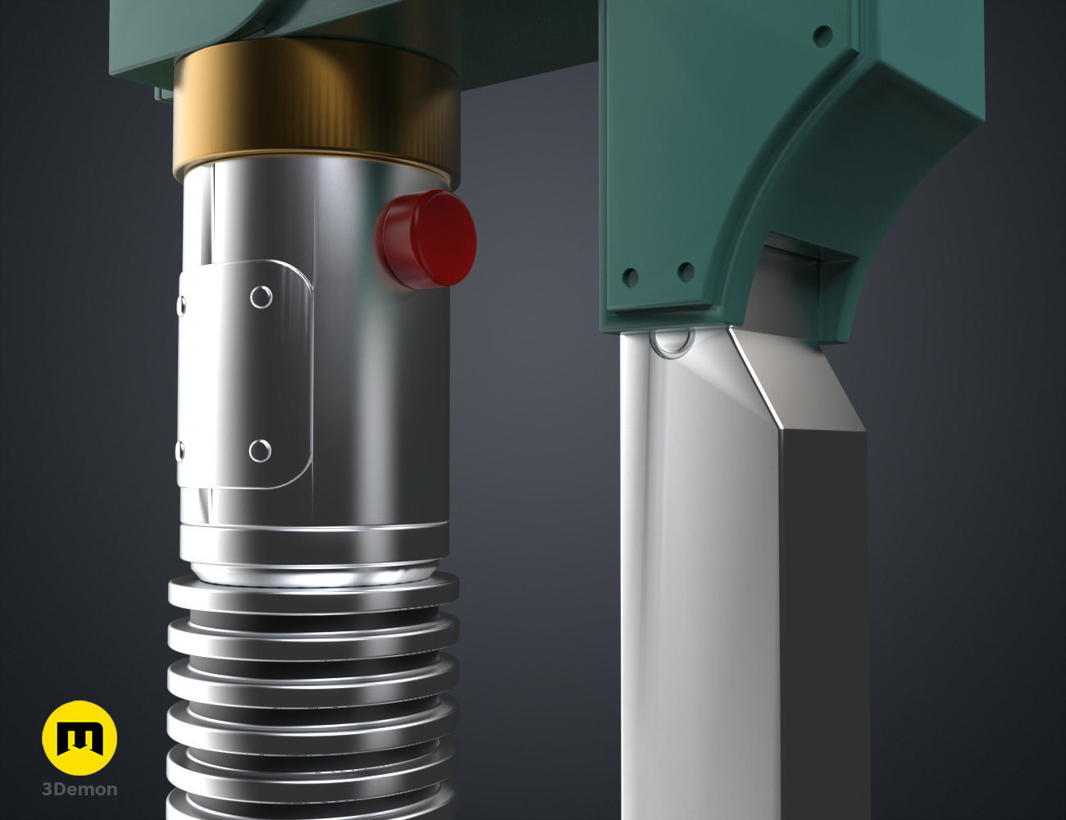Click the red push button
(427, 239)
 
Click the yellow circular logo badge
(80, 738)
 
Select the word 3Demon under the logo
(80, 790)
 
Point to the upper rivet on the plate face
(261, 297)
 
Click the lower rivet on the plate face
(260, 449)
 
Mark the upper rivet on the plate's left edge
(180, 305)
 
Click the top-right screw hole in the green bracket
(822, 34)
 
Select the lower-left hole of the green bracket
(630, 277)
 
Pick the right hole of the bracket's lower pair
(686, 271)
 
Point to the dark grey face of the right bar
(820, 615)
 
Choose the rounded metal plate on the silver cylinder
(246, 373)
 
